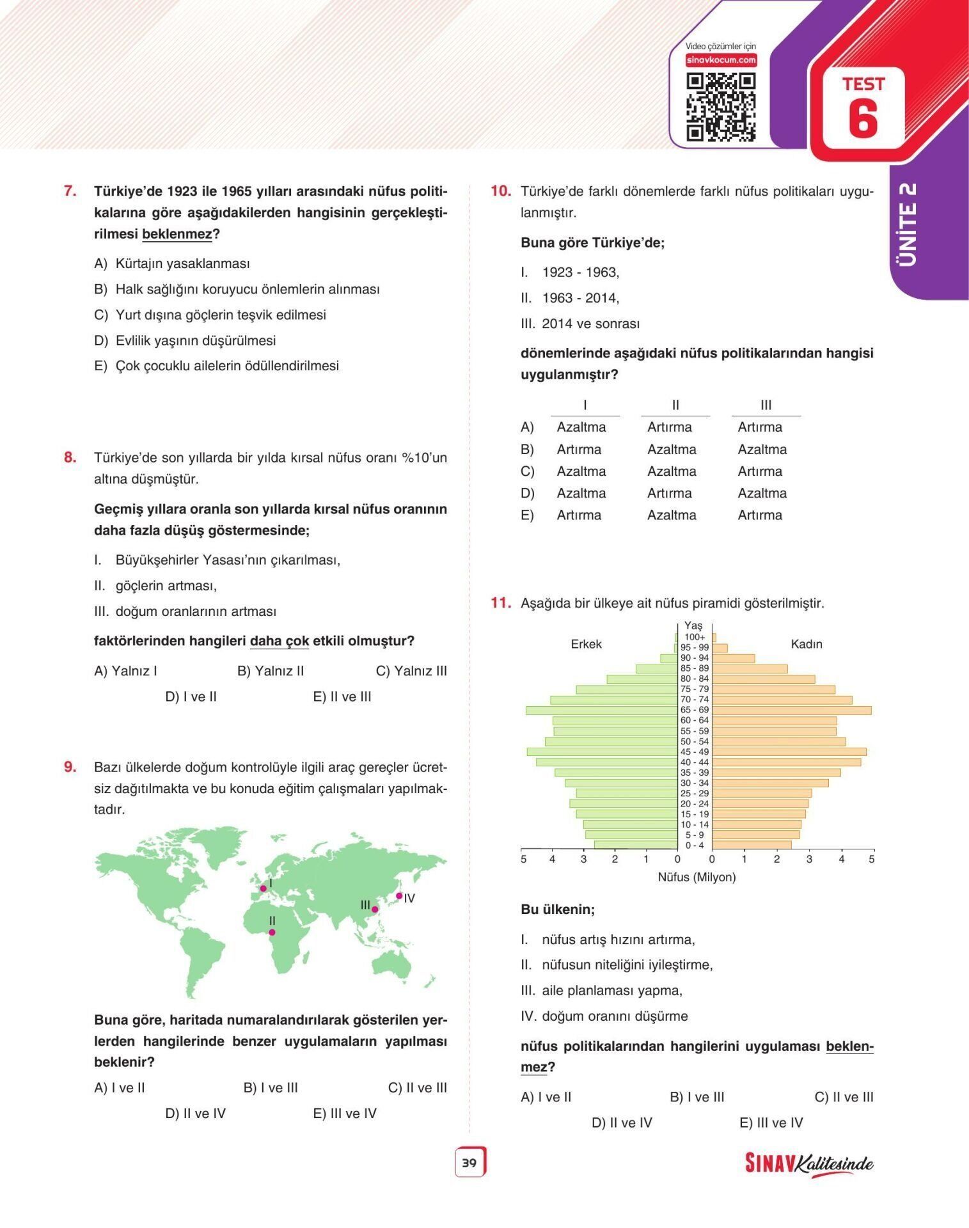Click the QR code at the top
click(721, 107)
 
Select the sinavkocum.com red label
click(721, 60)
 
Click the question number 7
click(70, 191)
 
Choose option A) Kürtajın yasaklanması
click(172, 264)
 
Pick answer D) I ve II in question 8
click(191, 697)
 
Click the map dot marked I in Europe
click(263, 888)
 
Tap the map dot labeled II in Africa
click(272, 932)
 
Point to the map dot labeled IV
click(399, 896)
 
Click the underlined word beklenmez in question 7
click(177, 234)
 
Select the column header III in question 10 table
click(766, 405)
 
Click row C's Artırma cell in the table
click(760, 471)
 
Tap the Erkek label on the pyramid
click(586, 644)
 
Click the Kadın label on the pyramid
click(806, 644)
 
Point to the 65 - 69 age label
click(694, 710)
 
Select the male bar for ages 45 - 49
click(602, 752)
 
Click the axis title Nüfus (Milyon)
click(697, 877)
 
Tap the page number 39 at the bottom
click(469, 1163)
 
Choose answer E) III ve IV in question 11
click(771, 1122)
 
